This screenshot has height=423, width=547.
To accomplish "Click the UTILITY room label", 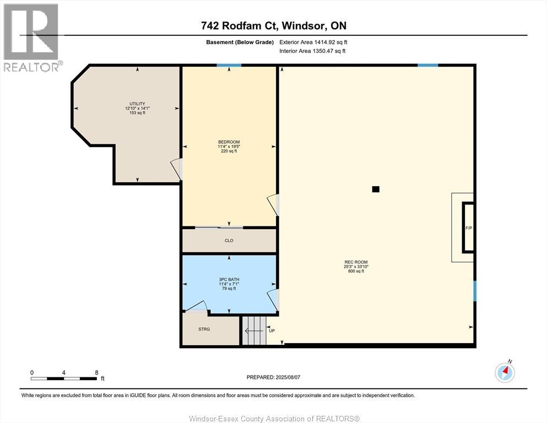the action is tap(138, 104).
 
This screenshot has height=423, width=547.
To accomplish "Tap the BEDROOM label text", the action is tap(229, 142).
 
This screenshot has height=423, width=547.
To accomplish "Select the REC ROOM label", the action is tap(356, 262).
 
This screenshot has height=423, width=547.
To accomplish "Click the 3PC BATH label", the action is tap(229, 279).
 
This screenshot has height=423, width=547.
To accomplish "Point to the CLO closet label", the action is tap(229, 241).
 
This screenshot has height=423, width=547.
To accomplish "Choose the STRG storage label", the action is tap(204, 329).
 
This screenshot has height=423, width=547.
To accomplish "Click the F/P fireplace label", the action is tap(469, 228).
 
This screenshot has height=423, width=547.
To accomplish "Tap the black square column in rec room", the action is tap(376, 189).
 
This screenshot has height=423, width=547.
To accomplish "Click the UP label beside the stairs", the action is tap(272, 330).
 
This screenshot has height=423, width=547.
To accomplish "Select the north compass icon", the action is tap(505, 372).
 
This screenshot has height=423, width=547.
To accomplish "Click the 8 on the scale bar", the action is tap(96, 372).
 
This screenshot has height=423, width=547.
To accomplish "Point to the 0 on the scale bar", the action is tap(32, 372).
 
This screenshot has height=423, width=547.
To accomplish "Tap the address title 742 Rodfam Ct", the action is tap(239, 25).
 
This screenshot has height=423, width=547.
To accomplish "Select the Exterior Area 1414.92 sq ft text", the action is tap(313, 42).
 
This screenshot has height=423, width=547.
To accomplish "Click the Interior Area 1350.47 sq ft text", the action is tap(312, 51).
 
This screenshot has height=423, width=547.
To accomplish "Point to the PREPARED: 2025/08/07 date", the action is tap(273, 377).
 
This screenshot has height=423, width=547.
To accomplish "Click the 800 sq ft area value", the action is tap(356, 271).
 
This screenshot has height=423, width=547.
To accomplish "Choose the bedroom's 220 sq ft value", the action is tap(229, 151).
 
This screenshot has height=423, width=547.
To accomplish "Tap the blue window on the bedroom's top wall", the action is tap(229, 65).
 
